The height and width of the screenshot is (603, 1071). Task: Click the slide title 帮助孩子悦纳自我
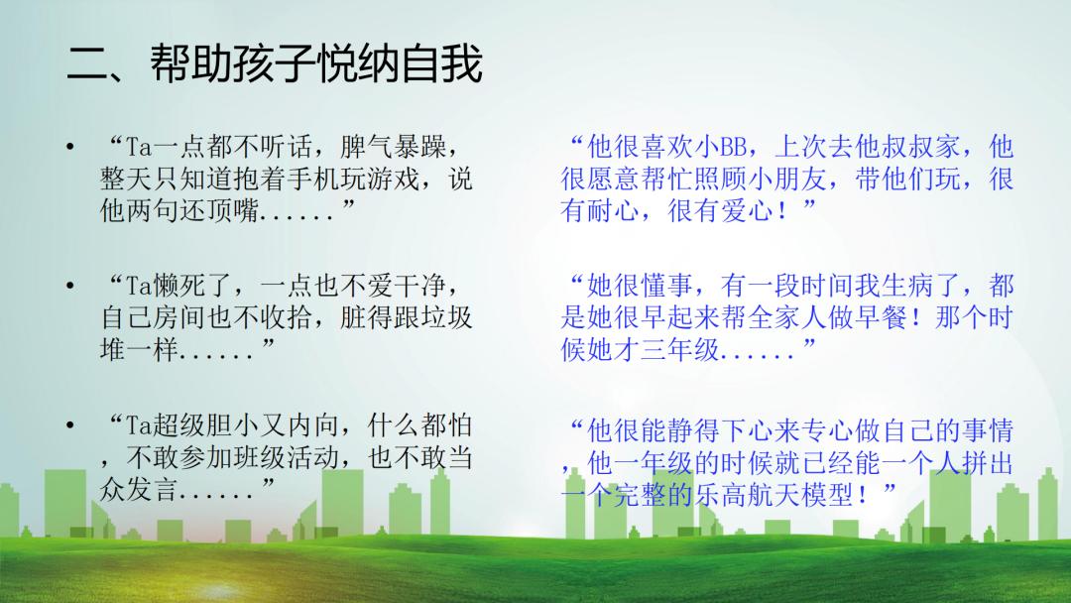pyautogui.click(x=317, y=63)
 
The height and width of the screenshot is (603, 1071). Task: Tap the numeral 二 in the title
pyautogui.click(x=87, y=64)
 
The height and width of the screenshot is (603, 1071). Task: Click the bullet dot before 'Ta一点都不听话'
pyautogui.click(x=69, y=146)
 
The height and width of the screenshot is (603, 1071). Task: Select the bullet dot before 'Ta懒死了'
pyautogui.click(x=69, y=286)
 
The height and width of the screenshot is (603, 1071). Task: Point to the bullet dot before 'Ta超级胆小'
pyautogui.click(x=69, y=424)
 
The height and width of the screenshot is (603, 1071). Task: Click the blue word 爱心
pyautogui.click(x=747, y=211)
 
